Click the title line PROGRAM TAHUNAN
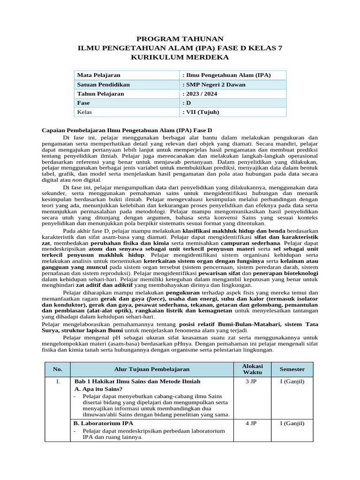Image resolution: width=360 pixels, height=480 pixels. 180,38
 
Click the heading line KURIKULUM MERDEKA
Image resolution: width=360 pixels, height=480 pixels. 180,57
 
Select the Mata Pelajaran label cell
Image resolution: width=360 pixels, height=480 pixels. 99,75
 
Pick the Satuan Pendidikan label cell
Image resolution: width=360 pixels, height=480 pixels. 104,84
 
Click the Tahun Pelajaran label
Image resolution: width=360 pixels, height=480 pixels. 101,94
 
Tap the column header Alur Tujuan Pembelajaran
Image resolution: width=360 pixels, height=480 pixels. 152,369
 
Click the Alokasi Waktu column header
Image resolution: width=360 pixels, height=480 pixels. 252,369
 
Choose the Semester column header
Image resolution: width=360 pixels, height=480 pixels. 292,369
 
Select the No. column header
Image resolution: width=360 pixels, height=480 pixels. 58,369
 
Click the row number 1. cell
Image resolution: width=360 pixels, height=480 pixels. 58,382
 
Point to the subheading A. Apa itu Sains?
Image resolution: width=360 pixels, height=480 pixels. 98,389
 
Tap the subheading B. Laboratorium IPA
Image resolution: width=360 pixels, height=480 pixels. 104,423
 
